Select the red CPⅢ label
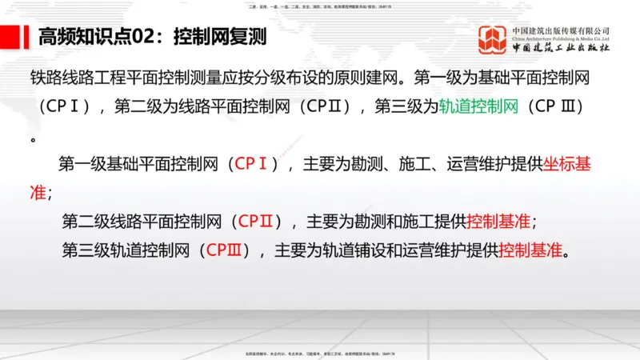tap(224, 250)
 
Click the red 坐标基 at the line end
tap(567, 165)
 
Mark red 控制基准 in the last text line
tap(531, 250)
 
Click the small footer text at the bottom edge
tap(320, 353)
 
